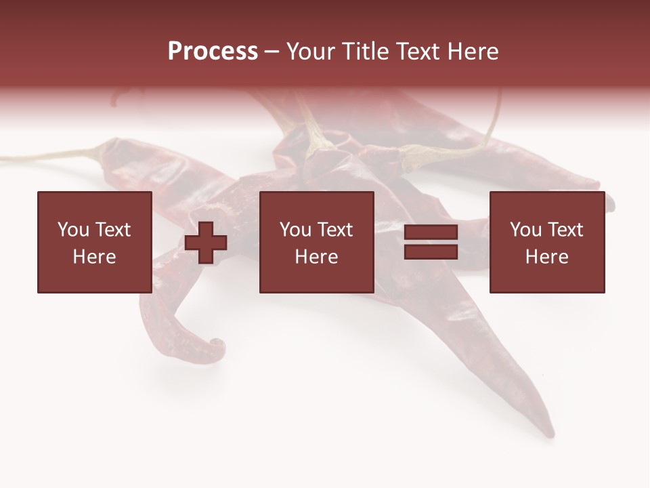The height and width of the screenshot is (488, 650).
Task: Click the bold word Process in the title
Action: [213, 52]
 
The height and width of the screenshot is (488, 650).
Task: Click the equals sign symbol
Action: [431, 242]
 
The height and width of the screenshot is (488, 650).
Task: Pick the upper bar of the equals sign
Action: [431, 232]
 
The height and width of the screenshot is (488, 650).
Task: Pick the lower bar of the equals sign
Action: [431, 251]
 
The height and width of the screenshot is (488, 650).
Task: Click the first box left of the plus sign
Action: [94, 242]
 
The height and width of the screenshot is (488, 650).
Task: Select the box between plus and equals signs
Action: [316, 242]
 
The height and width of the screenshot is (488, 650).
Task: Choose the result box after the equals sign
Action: [546, 242]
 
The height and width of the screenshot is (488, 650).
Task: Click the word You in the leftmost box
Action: [73, 230]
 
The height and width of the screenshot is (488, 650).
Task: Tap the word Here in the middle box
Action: [316, 257]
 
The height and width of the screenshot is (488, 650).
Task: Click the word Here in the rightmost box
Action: [546, 257]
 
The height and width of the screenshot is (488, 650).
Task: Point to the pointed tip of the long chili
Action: [551, 434]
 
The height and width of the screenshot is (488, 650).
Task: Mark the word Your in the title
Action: [311, 52]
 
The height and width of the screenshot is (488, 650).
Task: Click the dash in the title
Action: [272, 52]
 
